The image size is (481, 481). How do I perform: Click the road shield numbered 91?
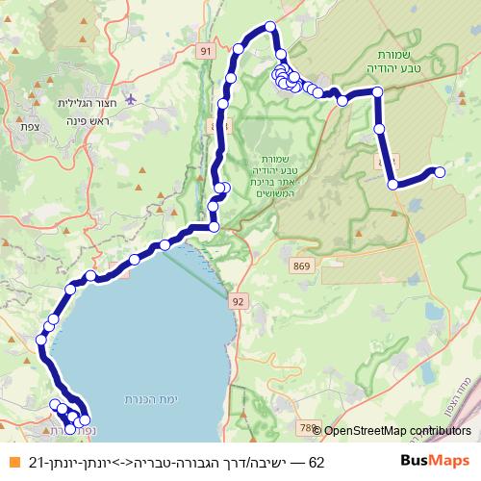click(x=204, y=50)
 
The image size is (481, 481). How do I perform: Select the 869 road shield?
click(x=303, y=266)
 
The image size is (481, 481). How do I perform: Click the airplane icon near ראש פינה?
click(x=131, y=99)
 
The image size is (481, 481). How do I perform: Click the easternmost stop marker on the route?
click(x=440, y=172)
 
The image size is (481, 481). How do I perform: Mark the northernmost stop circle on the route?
click(x=270, y=27)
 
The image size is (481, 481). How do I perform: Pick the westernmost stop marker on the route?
click(x=41, y=339)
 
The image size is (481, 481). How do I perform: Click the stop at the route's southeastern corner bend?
click(x=392, y=184)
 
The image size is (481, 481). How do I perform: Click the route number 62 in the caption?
click(x=316, y=463)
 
